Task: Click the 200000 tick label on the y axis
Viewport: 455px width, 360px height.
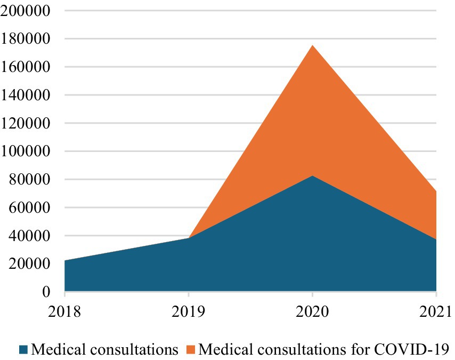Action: point(26,11)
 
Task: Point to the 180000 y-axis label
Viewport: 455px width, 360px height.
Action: point(26,39)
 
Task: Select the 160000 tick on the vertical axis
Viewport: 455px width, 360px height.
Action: point(26,67)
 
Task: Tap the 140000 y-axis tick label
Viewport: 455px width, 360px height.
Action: point(26,95)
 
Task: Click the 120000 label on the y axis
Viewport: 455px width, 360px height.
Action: point(26,123)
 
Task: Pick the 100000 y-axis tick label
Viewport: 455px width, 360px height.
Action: point(26,151)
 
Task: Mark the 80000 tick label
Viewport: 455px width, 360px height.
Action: point(30,180)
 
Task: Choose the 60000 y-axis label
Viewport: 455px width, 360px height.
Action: point(30,208)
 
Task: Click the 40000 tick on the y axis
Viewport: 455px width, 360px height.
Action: point(30,236)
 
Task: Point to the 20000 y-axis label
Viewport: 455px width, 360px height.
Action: point(30,264)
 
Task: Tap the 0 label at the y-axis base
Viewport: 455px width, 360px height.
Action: point(46,292)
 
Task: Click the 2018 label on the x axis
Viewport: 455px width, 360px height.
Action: point(64,310)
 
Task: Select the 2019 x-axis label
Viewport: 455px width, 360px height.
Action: point(189,310)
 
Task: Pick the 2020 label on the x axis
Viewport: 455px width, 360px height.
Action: point(312,310)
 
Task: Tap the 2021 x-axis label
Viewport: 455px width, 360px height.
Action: point(436,310)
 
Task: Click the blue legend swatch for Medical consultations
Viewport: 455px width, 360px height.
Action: point(23,349)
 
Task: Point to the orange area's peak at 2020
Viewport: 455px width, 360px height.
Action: point(312,45)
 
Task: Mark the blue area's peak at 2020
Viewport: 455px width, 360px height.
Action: point(312,176)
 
